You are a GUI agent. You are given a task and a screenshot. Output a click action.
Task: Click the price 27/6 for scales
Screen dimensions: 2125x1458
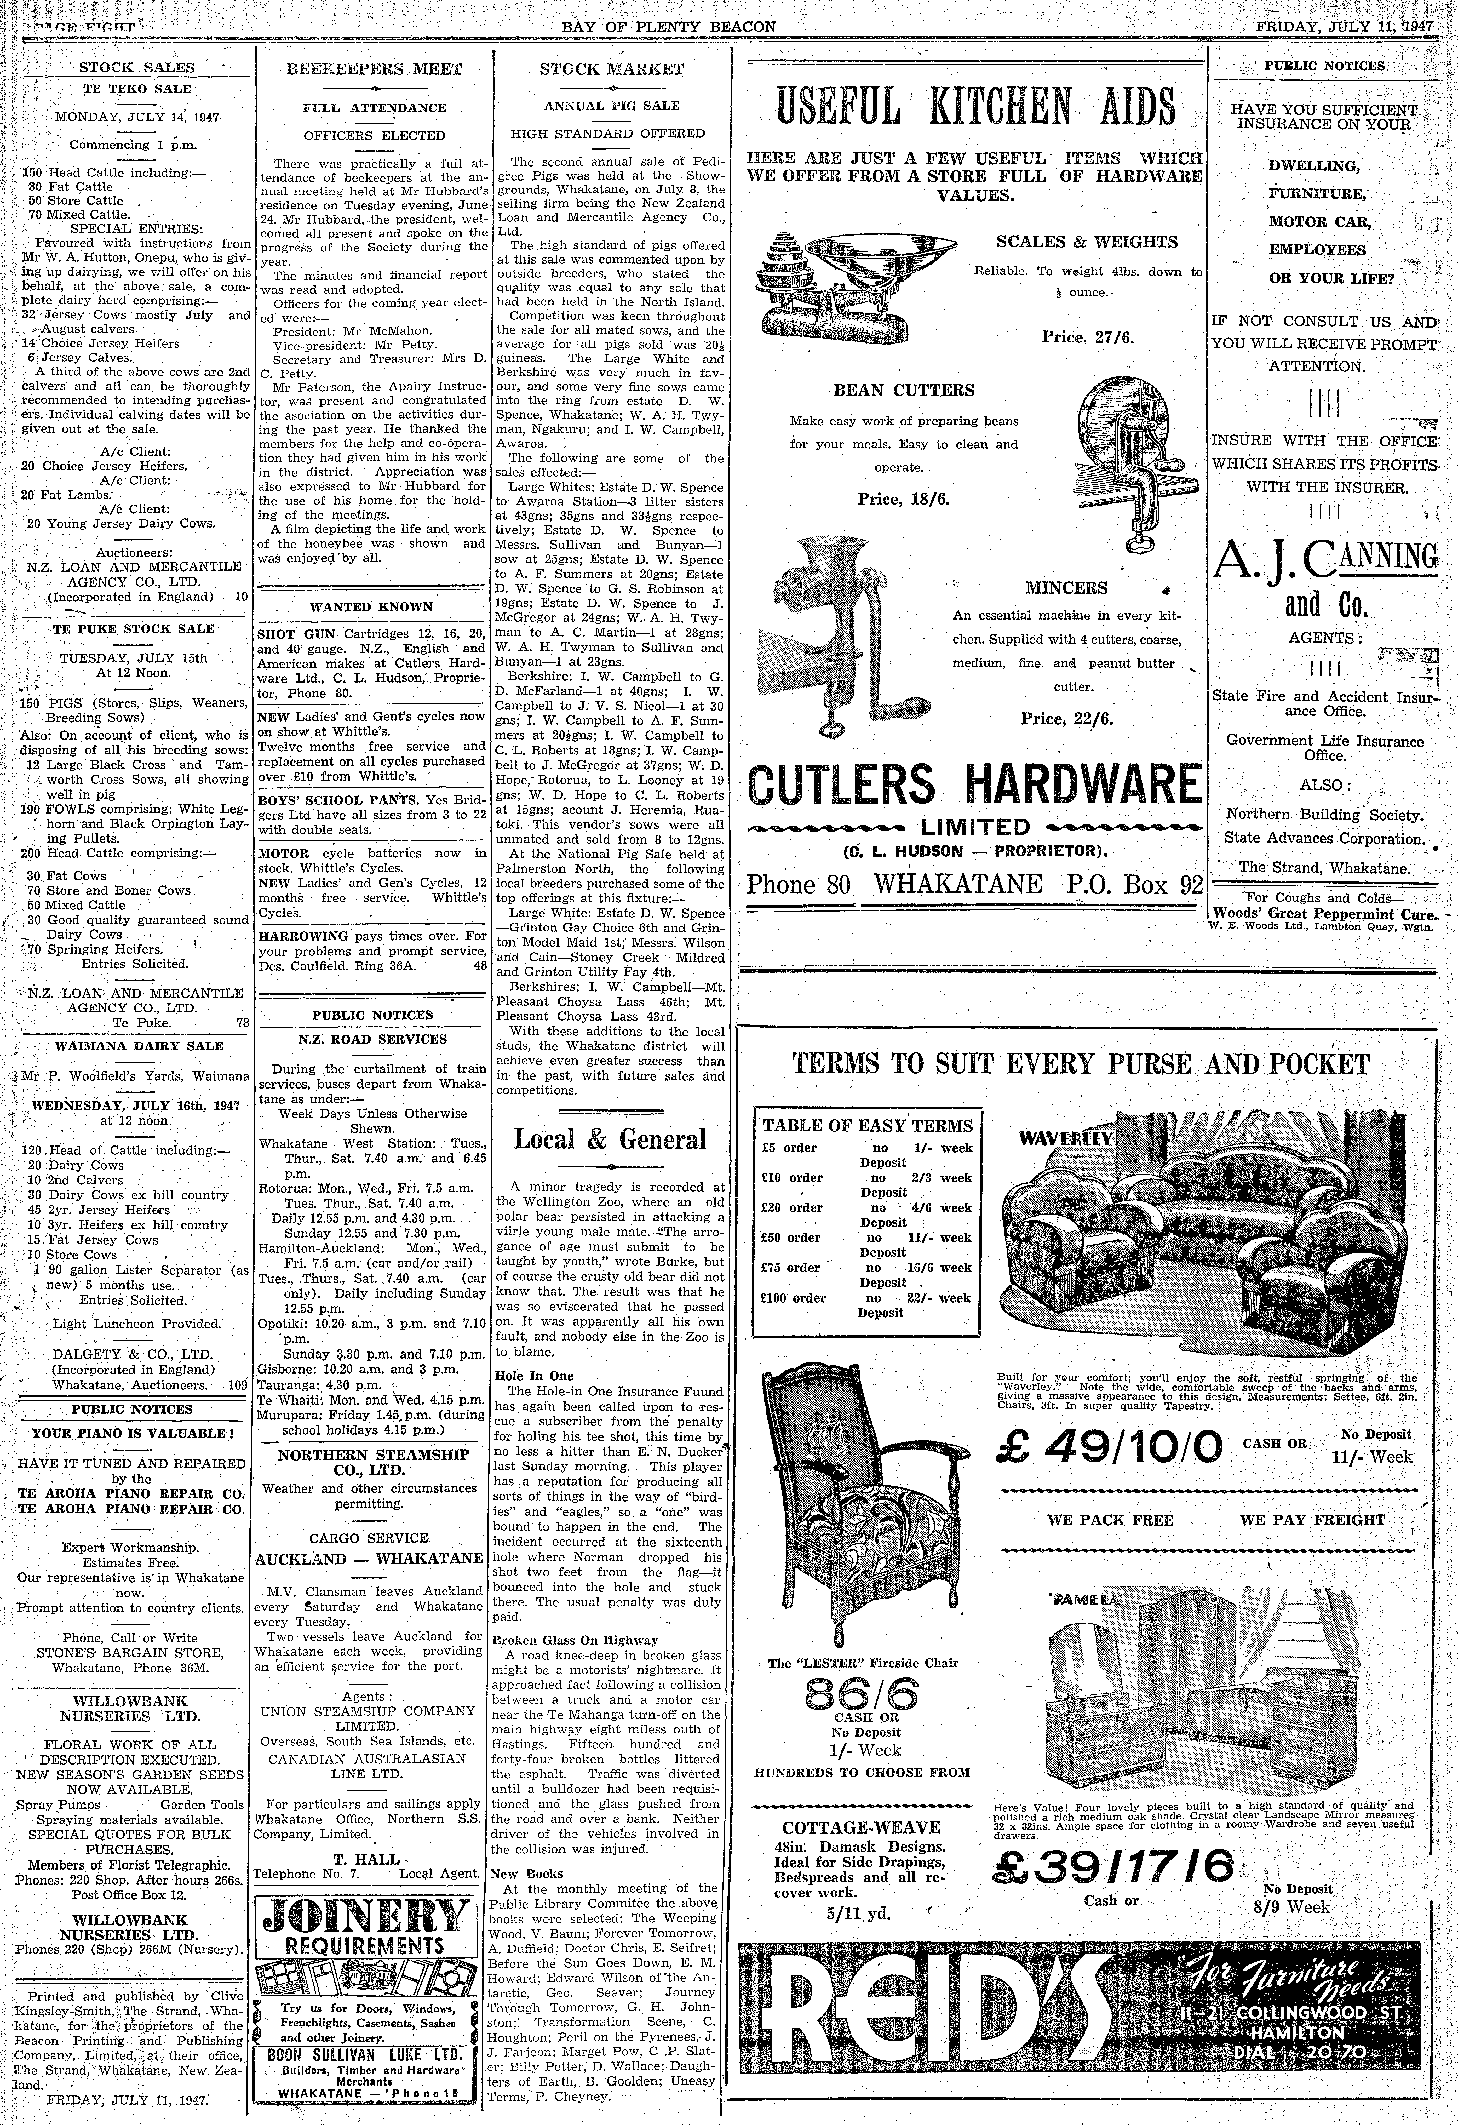[x=1087, y=336]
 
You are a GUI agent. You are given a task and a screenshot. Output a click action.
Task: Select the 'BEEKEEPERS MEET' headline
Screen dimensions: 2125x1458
[x=375, y=68]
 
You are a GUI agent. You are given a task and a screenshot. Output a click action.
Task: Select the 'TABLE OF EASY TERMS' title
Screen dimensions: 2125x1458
[x=868, y=1126]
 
